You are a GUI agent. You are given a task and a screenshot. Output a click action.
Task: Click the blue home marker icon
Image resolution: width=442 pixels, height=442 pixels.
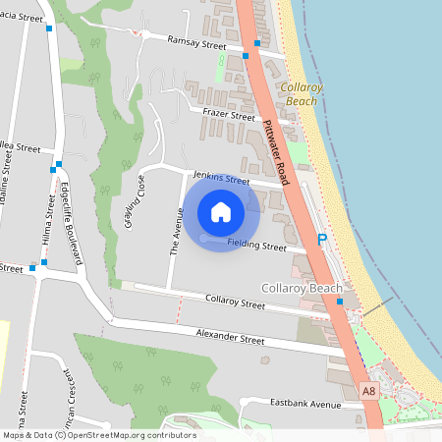click(221, 212)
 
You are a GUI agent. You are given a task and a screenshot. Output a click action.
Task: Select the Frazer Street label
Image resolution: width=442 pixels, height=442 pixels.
click(222, 113)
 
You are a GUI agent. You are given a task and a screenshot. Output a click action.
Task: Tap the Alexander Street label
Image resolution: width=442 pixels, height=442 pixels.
click(230, 337)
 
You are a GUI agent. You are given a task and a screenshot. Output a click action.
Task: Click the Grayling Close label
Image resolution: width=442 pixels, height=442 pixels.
click(135, 201)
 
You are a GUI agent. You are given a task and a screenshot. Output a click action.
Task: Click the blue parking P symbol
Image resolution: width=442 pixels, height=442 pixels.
click(321, 240)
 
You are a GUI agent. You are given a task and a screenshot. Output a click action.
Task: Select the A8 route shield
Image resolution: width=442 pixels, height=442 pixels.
click(368, 390)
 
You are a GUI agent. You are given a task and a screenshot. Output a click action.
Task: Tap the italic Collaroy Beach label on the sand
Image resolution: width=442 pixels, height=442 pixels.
click(302, 94)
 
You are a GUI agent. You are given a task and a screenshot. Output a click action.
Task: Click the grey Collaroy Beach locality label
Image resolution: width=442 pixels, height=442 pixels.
click(303, 288)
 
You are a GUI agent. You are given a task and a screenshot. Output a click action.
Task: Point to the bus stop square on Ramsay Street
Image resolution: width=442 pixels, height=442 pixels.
click(257, 44)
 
